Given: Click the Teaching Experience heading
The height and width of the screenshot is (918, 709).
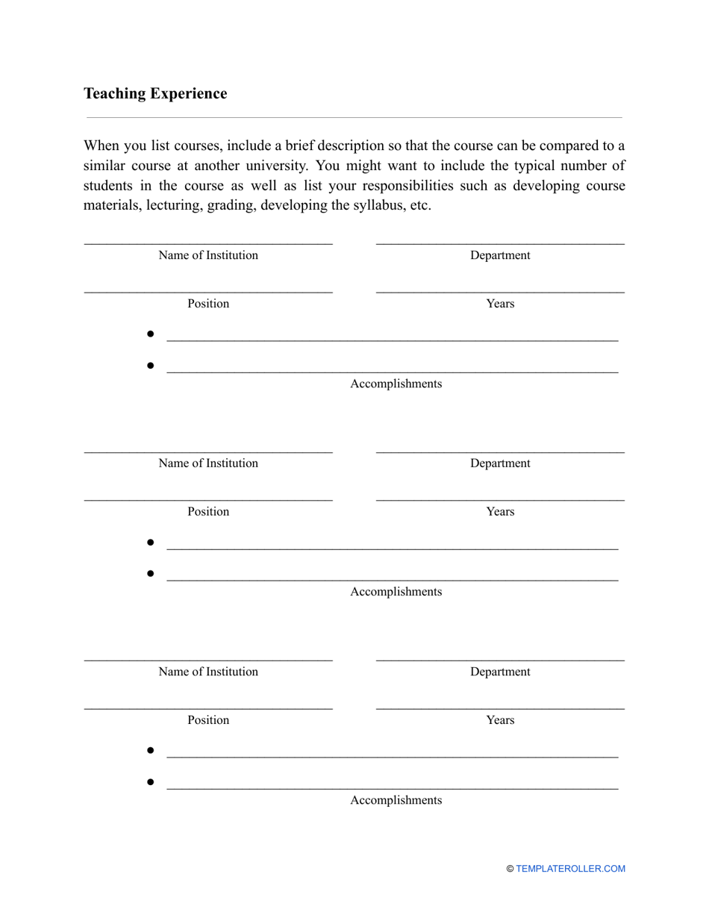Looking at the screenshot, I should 155,93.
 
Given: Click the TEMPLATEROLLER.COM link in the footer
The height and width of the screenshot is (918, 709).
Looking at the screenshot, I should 570,869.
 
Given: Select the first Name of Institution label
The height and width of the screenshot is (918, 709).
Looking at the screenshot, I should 208,255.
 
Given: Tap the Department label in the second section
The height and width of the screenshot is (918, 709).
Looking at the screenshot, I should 500,463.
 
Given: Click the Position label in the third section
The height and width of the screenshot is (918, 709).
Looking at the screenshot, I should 208,720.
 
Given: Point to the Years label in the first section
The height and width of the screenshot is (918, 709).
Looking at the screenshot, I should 500,304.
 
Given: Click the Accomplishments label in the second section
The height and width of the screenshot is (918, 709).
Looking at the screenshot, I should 396,592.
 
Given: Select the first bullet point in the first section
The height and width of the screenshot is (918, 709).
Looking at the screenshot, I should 150,334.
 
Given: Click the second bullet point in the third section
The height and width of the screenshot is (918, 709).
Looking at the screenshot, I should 150,782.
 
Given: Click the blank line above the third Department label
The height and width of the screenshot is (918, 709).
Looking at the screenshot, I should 500,661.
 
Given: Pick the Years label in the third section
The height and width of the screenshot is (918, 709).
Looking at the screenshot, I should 500,720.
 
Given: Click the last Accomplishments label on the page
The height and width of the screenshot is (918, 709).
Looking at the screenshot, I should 396,801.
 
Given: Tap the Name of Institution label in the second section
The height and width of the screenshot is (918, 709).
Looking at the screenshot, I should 208,463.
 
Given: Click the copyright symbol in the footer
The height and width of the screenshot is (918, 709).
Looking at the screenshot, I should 510,869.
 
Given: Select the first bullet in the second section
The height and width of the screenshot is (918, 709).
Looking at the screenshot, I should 150,542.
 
